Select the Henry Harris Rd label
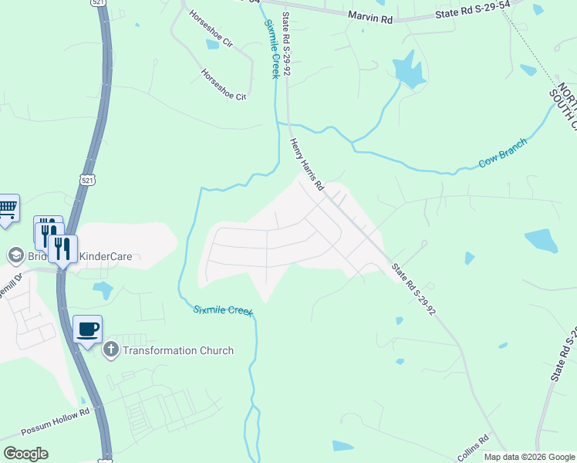click(306, 165)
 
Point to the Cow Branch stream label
click(502, 154)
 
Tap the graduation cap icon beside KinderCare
click(15, 255)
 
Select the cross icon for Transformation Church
click(110, 350)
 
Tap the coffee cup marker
click(87, 330)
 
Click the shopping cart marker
click(6, 208)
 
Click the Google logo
click(26, 454)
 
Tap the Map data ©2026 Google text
click(530, 457)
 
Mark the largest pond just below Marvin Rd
click(408, 72)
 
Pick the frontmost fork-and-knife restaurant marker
click(62, 248)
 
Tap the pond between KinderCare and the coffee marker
click(103, 290)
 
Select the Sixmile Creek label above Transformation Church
click(223, 310)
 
